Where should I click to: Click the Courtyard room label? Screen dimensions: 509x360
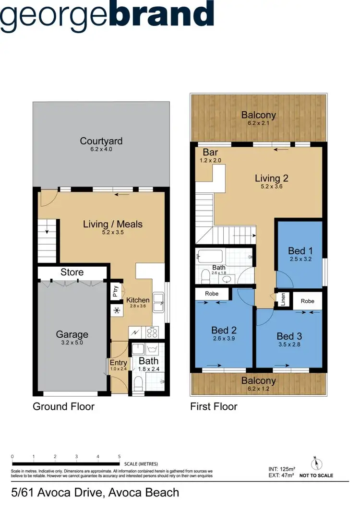point(101,141)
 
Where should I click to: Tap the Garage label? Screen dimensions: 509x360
point(72,334)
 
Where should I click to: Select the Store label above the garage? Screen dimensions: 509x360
point(72,272)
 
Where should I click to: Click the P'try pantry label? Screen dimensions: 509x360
point(115,292)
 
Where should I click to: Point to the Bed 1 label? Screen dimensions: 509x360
point(300,250)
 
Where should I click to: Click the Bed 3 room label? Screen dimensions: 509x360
point(289,336)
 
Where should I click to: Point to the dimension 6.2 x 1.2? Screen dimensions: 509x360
point(259,389)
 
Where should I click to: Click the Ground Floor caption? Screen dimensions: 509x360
point(63,407)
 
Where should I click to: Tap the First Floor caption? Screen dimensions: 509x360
point(214,407)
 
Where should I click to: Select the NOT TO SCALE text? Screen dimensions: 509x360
point(316,475)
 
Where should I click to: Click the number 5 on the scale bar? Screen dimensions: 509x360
point(119,456)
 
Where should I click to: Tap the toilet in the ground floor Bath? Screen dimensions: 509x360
point(138,383)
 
